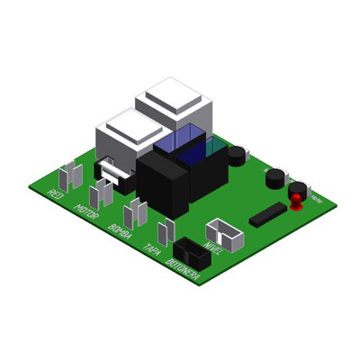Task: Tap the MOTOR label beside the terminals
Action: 86,214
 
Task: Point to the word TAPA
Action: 151,249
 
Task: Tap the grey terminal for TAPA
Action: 165,230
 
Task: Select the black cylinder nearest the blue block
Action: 237,154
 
